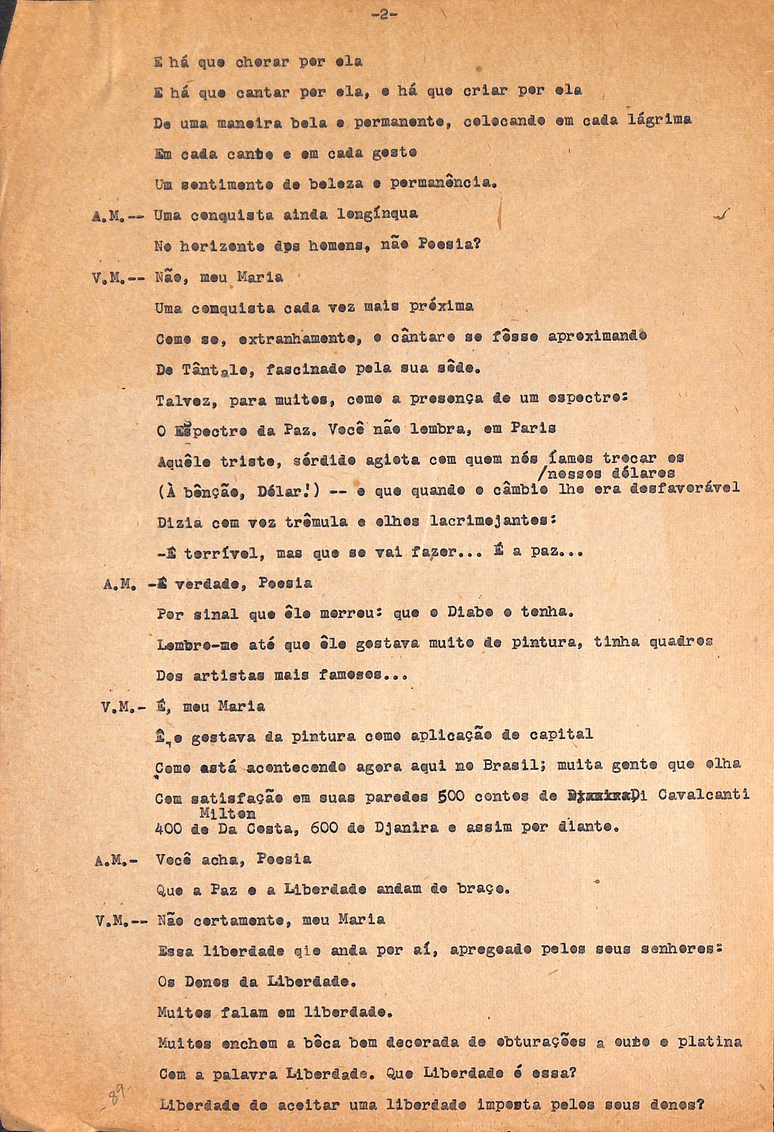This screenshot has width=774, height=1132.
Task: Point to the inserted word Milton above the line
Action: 227,813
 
